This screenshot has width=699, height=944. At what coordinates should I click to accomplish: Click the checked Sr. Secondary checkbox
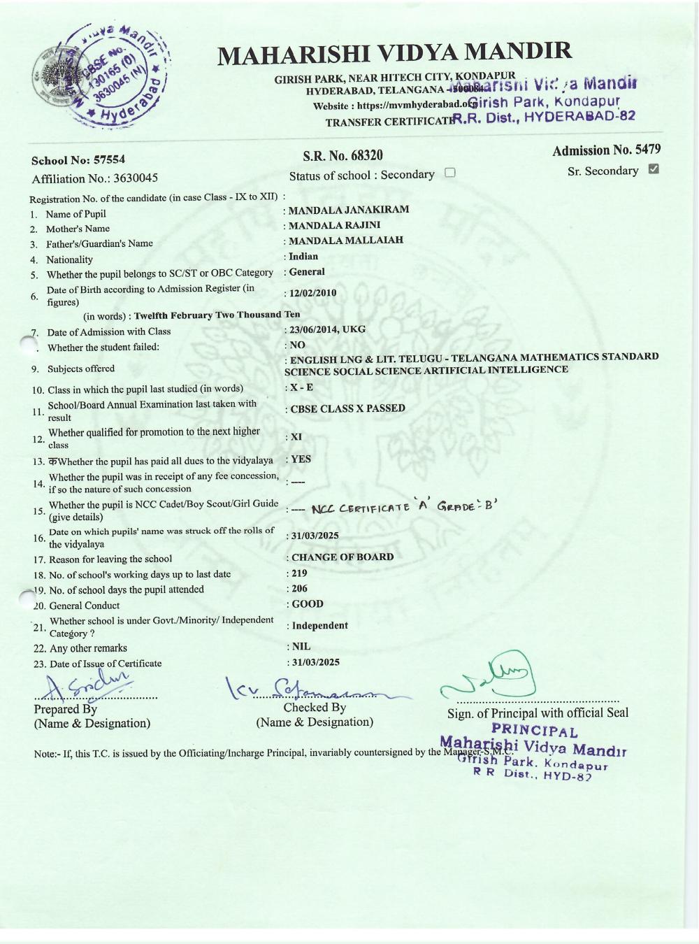coord(654,169)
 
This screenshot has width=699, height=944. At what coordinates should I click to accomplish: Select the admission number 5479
coord(646,150)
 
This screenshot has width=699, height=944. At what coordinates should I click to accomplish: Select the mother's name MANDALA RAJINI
coord(335,225)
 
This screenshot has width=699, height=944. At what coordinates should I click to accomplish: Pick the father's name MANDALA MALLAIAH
coord(346,241)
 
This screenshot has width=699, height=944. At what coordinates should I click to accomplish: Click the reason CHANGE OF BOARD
coord(343,557)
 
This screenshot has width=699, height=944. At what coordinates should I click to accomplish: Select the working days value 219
coord(299,573)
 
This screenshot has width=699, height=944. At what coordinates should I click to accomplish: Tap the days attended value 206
coord(299,588)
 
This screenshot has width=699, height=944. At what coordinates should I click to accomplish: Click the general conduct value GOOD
coord(308,604)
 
